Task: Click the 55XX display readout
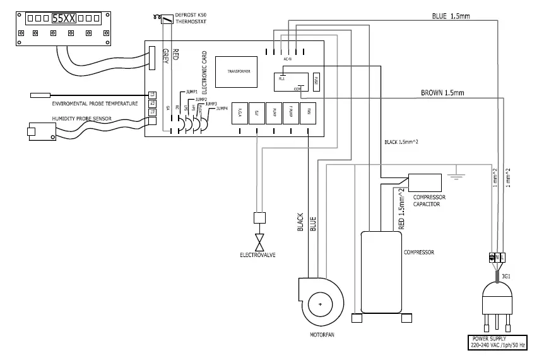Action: point(64,18)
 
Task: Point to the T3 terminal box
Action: point(151,95)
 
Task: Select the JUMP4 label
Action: point(222,109)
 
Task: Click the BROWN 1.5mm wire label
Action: point(442,93)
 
